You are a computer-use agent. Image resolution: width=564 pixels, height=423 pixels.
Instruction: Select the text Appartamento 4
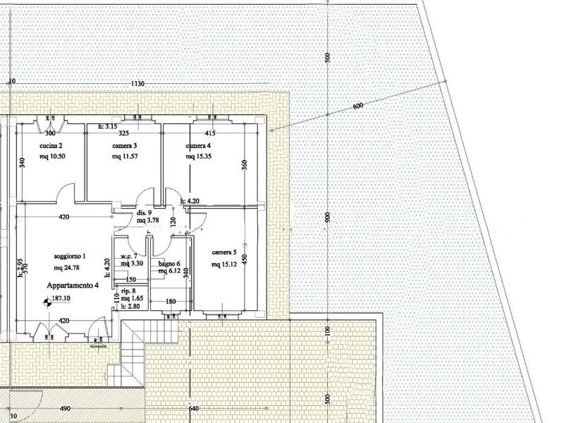(73, 286)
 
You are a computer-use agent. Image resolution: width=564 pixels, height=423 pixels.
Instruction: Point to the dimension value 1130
(137, 83)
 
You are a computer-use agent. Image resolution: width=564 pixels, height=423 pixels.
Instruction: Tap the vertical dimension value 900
(328, 217)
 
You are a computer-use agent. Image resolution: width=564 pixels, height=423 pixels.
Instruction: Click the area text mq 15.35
(200, 157)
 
